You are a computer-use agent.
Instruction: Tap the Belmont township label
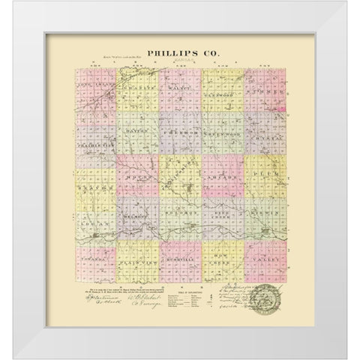(138, 214)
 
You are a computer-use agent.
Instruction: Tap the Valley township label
(265, 259)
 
